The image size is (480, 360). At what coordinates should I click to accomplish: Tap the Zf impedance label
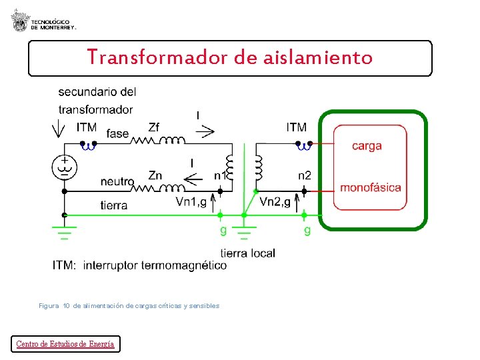click(x=154, y=127)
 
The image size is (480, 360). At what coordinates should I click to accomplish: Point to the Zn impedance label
click(x=155, y=175)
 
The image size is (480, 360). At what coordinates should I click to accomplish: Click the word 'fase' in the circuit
click(x=117, y=134)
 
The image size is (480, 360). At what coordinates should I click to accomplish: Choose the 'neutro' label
click(x=117, y=181)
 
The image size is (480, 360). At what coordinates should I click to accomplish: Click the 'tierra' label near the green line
click(x=114, y=205)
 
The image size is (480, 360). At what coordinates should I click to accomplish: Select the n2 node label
click(x=305, y=175)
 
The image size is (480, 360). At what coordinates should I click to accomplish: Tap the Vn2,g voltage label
click(x=275, y=201)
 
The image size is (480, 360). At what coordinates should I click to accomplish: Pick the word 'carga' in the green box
click(x=367, y=146)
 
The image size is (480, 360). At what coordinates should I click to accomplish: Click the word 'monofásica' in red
click(x=371, y=187)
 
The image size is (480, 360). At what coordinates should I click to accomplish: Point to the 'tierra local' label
click(x=247, y=253)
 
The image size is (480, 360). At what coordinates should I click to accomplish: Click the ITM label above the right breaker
click(x=297, y=127)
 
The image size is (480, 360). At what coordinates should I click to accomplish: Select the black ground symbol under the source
click(x=64, y=233)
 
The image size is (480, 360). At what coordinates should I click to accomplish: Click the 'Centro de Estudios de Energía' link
click(x=65, y=344)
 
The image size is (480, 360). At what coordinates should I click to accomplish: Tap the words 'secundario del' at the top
click(x=97, y=92)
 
